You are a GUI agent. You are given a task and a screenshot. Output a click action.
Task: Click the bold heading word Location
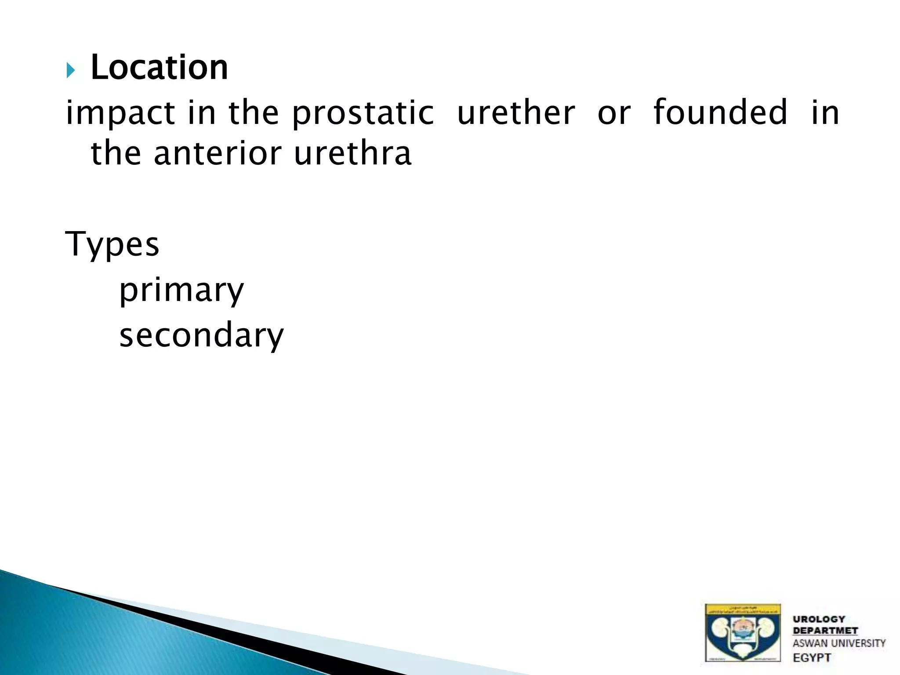point(159,68)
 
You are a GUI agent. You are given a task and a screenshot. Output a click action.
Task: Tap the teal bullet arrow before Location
point(71,70)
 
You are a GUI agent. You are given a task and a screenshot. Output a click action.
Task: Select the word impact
point(120,113)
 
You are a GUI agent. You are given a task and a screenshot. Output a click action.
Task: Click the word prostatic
point(363,113)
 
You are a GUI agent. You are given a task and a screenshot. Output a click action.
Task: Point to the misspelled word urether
point(515,113)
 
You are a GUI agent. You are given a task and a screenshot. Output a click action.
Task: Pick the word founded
point(720,112)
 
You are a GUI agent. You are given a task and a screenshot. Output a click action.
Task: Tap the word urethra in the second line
point(352,153)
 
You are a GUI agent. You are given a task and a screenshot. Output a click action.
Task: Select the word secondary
point(202,335)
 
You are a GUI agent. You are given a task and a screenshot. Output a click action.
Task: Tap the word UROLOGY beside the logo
point(819,619)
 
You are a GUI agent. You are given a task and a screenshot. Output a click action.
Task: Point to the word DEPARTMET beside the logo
point(825,631)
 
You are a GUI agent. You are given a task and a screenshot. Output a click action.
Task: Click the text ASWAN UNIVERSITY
point(838,643)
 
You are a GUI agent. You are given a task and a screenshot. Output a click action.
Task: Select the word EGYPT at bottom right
point(812,657)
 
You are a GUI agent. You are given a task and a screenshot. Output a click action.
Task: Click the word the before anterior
point(116,153)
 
